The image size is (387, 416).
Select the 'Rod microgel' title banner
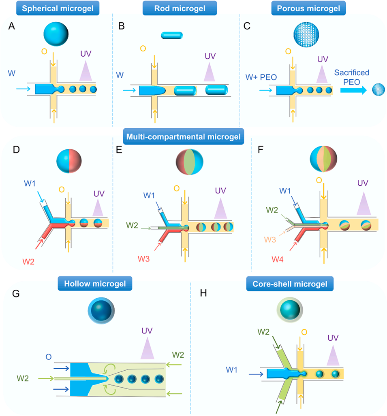click(x=180, y=8)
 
